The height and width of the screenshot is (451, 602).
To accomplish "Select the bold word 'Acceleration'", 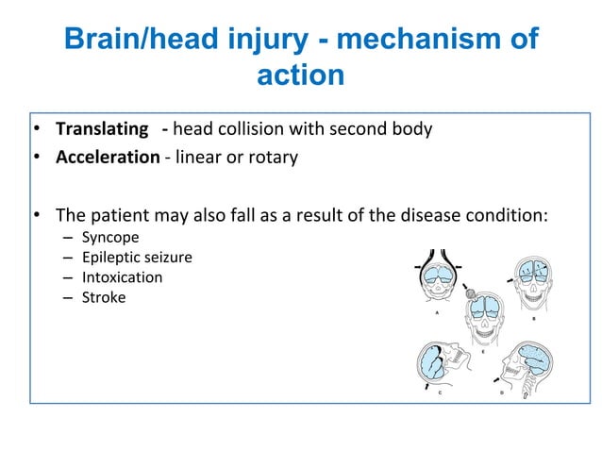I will click(x=108, y=157).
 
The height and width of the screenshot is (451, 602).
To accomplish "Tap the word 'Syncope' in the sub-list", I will click(x=110, y=237).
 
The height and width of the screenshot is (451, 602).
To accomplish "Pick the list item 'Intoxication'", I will click(x=122, y=277).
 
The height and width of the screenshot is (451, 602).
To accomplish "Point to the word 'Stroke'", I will click(x=103, y=297).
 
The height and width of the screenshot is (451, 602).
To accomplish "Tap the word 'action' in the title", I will click(x=300, y=75).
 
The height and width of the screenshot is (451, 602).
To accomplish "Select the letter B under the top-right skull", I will click(x=533, y=318).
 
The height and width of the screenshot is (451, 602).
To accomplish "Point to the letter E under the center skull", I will click(x=483, y=351).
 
